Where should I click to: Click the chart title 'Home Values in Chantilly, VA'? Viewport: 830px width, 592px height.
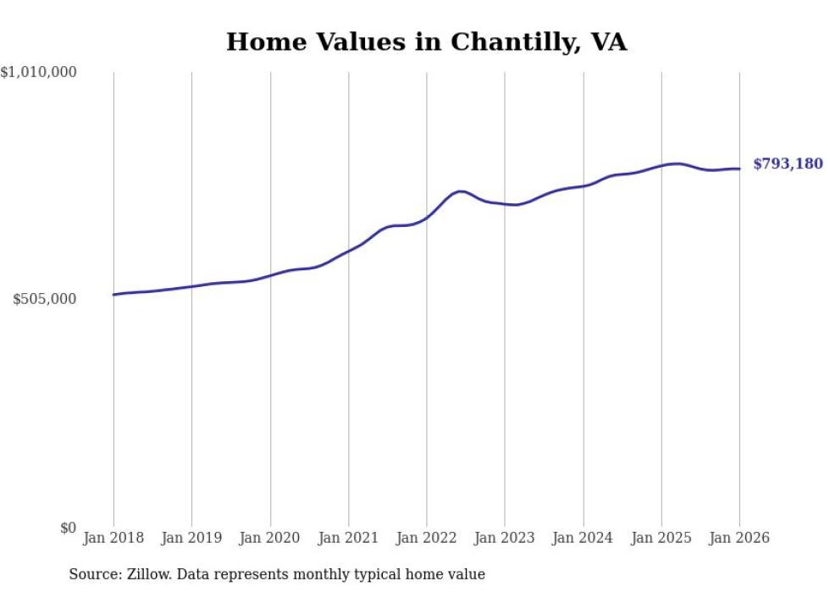coord(426,41)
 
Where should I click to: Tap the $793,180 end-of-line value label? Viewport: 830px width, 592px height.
coord(787,163)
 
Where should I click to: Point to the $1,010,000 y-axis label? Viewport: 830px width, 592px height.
coord(39,73)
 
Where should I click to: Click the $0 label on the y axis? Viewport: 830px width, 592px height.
coord(69,528)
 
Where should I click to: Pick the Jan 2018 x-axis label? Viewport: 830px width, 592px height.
coord(113,539)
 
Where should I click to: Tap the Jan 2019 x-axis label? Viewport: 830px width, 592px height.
coord(191,539)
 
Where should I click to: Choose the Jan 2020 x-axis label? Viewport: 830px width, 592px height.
coord(270,539)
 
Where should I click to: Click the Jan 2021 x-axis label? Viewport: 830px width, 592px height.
coord(348,539)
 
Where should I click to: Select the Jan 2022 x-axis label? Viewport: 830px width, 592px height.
coord(427,539)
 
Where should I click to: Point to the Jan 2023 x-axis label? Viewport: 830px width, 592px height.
coord(505,539)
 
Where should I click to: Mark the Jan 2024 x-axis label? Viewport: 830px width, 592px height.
coord(583,539)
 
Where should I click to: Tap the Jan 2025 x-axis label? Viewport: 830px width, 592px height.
coord(661,539)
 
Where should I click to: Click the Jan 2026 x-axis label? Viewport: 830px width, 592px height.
coord(739,539)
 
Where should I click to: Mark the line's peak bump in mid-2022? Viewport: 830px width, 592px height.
coord(459,191)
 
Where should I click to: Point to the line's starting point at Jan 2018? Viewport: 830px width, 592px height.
coord(113,295)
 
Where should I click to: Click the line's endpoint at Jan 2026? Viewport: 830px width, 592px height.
coord(739,169)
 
